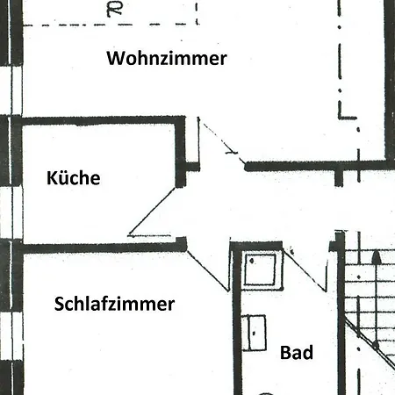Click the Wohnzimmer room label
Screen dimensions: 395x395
(167, 58)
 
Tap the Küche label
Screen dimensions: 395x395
(74, 177)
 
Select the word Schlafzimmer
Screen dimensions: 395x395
(114, 304)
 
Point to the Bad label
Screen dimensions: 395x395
(297, 352)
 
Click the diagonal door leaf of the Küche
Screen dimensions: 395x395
(152, 211)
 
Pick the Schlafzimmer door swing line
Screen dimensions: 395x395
(208, 271)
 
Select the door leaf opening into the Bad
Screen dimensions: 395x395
(305, 269)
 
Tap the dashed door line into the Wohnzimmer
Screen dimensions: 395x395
(221, 143)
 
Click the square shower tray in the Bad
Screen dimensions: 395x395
(261, 269)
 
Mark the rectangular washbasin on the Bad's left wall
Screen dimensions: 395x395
(254, 333)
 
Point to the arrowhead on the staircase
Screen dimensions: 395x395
(377, 257)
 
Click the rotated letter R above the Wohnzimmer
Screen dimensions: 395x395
(114, 10)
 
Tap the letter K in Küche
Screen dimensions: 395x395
(52, 177)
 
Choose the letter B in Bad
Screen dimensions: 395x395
(285, 353)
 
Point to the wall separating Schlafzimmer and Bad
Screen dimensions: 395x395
(237, 319)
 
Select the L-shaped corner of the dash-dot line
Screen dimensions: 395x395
(340, 118)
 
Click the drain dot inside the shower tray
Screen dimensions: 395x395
(252, 262)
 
